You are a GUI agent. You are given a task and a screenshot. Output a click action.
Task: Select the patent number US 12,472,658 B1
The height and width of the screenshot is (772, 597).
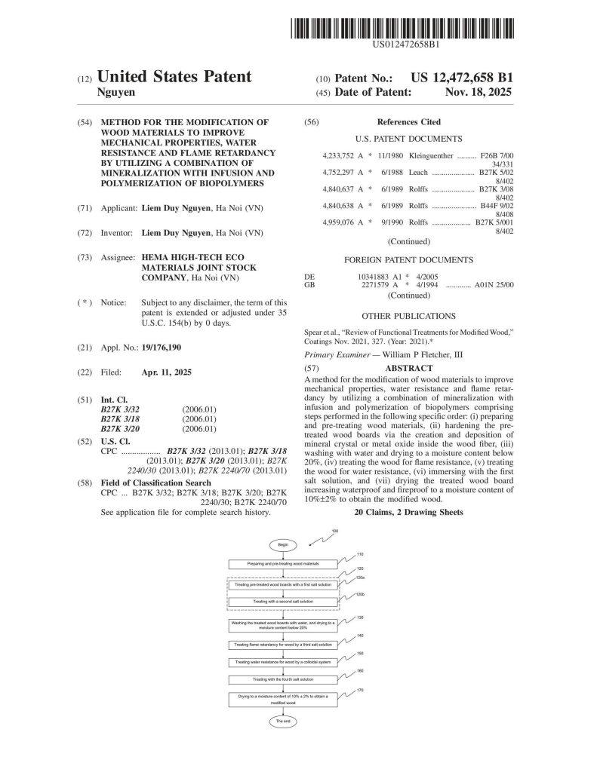pos(461,78)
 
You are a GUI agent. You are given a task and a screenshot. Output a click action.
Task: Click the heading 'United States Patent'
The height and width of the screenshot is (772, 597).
pos(174,77)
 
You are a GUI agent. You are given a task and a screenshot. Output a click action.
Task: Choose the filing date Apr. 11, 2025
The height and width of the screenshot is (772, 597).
pos(166,372)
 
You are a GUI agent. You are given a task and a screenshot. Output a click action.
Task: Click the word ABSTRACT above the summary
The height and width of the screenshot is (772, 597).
pos(408,366)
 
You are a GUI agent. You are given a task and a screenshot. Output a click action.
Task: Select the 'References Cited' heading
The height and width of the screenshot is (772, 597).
pos(409,122)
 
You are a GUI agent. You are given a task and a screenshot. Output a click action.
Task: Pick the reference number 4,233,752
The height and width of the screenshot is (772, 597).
pos(338,155)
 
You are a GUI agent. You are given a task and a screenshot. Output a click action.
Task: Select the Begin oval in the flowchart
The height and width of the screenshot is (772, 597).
pos(283,544)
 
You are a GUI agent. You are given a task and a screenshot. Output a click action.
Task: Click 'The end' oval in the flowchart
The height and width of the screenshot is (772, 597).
pos(283,721)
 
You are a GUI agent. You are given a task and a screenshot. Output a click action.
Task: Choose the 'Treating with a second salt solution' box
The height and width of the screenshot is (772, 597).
pos(283,602)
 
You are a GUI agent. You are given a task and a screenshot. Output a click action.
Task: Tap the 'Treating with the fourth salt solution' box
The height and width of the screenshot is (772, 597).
pos(283,679)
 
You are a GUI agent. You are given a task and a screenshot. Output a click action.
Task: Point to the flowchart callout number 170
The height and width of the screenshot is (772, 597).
pos(360,690)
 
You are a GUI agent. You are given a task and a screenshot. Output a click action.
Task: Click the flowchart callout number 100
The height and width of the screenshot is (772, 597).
pos(335,532)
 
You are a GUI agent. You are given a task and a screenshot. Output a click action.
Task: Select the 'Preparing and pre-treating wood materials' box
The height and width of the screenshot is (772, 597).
pos(283,563)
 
